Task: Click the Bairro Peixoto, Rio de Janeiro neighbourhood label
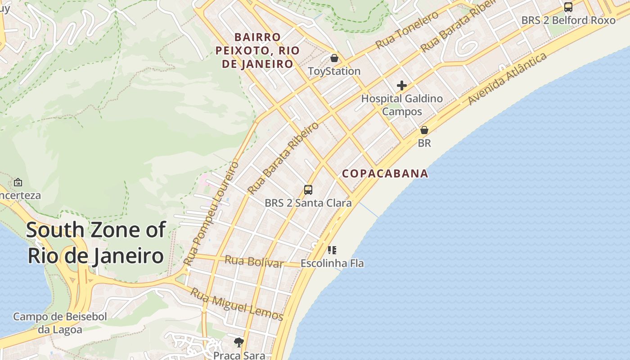click(257, 50)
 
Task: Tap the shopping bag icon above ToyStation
click(334, 58)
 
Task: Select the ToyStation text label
click(334, 71)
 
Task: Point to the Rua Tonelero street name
click(407, 30)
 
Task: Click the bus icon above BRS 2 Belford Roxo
click(568, 7)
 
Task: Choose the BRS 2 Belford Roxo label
click(568, 20)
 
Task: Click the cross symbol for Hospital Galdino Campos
click(402, 85)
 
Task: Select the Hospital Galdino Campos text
click(402, 105)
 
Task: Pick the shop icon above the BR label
click(424, 130)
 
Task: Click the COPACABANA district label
click(385, 174)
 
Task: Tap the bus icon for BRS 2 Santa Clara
click(308, 190)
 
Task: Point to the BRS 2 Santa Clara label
click(308, 203)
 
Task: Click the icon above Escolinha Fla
click(332, 250)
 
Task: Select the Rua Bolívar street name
click(254, 261)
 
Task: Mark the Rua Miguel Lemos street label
click(237, 305)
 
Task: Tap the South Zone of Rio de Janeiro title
click(95, 243)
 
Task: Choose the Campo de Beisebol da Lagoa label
click(60, 323)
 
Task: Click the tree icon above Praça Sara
click(239, 342)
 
